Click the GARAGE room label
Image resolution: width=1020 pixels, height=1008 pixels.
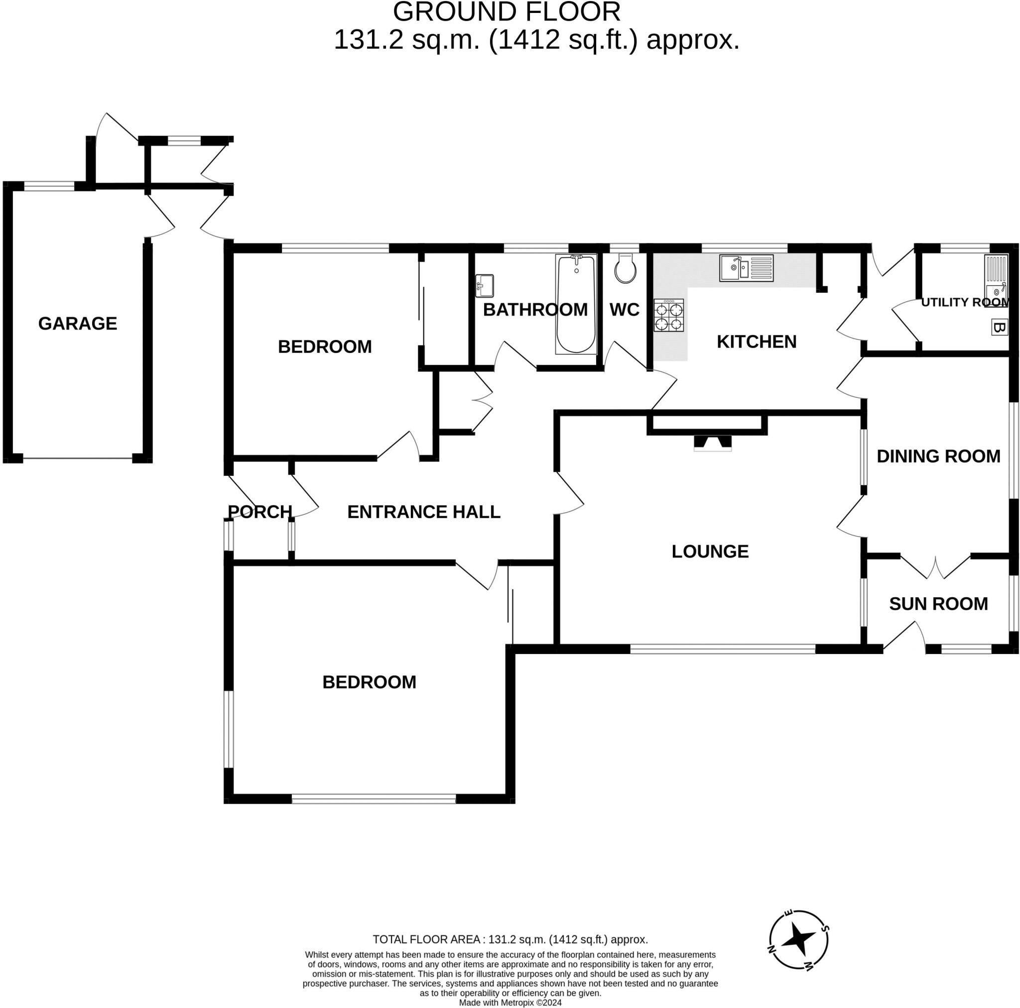point(78,324)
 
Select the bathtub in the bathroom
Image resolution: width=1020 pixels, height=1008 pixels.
point(576,305)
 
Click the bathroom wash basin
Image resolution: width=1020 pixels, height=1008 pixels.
point(484,286)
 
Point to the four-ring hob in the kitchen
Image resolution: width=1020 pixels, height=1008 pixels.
point(669,316)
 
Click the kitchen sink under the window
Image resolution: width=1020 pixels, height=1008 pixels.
point(747,268)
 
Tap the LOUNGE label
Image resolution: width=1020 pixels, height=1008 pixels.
point(710,552)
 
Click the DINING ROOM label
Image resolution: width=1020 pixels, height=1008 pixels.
point(938,456)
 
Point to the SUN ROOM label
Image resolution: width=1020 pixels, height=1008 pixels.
point(938,604)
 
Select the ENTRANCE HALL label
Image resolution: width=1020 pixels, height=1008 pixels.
point(424,512)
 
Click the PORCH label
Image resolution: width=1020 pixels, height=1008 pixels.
point(260,511)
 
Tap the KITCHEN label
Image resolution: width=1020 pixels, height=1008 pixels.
point(757,342)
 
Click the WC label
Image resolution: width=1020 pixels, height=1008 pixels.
point(625,310)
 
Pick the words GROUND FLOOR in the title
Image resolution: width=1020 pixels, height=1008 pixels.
point(507,11)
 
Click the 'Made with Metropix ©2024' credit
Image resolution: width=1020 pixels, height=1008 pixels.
point(510,1003)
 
